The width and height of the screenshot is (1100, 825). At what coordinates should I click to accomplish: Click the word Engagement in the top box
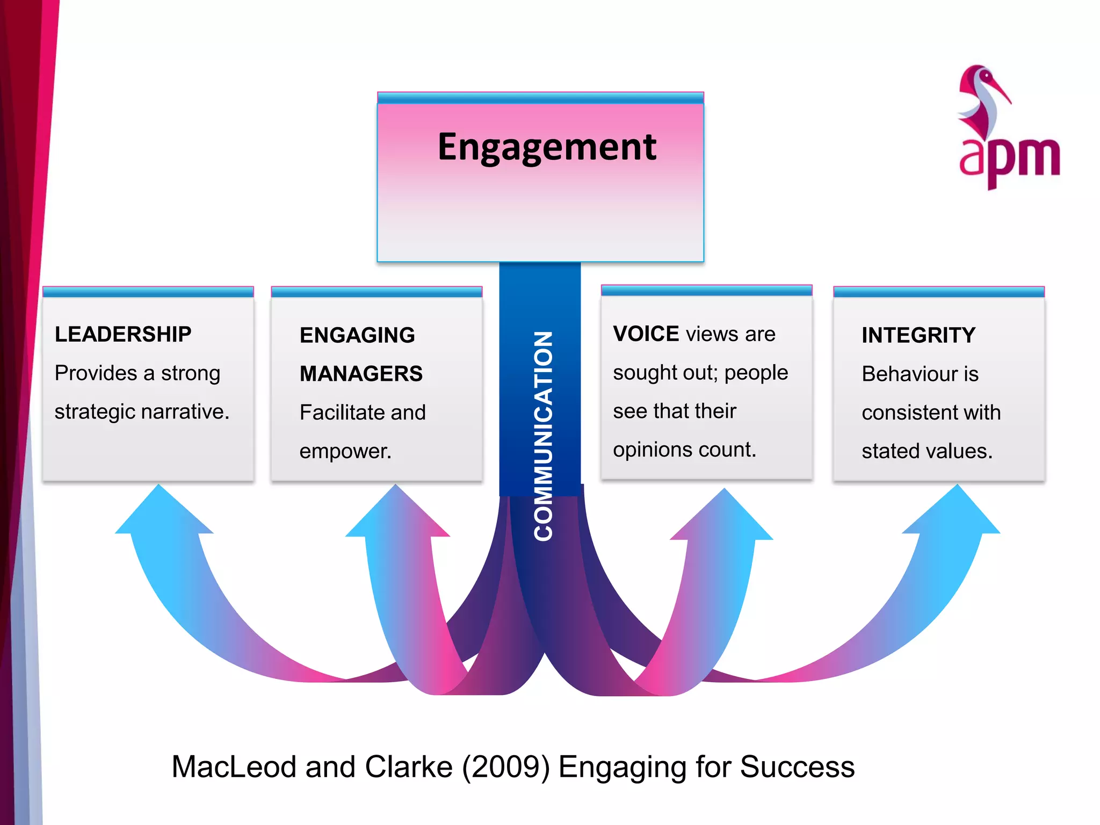pos(546,147)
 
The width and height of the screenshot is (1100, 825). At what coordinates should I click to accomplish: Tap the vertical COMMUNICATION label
pos(543,435)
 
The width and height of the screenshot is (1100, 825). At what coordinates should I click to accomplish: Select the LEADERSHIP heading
pos(123,334)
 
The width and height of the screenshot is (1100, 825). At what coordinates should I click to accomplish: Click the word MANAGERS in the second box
pos(361,374)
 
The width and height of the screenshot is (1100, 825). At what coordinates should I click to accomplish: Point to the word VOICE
pos(646,334)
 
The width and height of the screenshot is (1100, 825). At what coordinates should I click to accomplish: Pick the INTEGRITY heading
pos(918,335)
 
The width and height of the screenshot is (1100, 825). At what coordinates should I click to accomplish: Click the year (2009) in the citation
pos(506,767)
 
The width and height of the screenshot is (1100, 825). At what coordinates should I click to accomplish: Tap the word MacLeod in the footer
pos(234,767)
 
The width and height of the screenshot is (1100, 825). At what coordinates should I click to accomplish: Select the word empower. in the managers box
pos(345,451)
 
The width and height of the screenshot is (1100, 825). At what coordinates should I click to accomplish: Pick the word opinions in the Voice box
pos(645,450)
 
